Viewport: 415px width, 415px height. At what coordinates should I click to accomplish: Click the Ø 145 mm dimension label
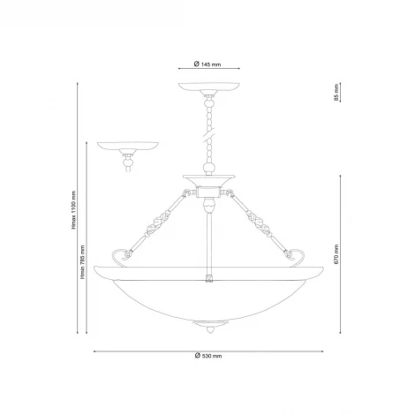[207, 64]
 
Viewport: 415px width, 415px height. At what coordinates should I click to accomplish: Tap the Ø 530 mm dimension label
[208, 356]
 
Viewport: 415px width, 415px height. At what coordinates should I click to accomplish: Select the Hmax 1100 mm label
[73, 210]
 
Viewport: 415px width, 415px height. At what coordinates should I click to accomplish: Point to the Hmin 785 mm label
[83, 262]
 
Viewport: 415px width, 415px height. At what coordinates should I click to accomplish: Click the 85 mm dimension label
[336, 92]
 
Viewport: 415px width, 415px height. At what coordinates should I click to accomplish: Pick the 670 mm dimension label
[336, 254]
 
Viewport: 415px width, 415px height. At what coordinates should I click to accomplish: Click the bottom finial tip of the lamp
[210, 332]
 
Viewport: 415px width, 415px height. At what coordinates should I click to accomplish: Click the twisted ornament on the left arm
[157, 225]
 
